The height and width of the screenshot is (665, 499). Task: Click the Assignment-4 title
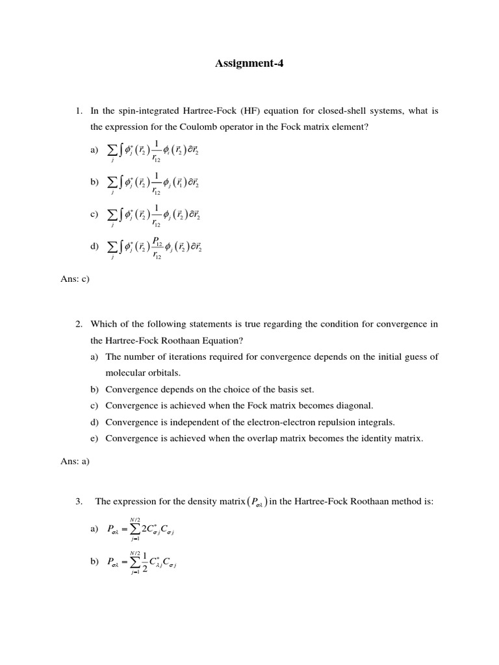click(249, 64)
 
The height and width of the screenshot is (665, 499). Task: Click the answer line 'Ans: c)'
click(74, 279)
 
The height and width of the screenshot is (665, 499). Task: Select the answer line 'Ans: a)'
click(74, 461)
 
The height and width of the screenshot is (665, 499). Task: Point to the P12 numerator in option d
click(157, 241)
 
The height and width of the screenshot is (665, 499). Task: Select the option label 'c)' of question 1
click(95, 214)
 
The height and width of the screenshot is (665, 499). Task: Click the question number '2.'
click(79, 324)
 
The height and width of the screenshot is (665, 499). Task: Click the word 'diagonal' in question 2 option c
click(356, 406)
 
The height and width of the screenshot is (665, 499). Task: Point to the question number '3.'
click(79, 501)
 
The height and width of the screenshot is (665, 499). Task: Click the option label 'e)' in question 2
click(95, 438)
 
